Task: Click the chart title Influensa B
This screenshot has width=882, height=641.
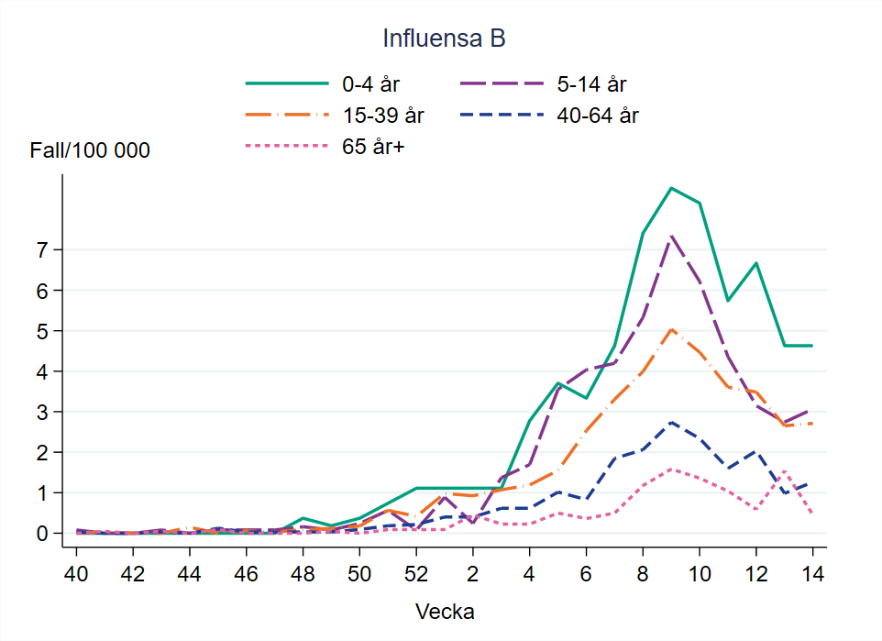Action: [445, 39]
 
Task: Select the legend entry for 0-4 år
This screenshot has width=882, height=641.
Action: [371, 84]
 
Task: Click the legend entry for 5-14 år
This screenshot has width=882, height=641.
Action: [590, 84]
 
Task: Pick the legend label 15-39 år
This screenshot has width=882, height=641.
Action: [383, 116]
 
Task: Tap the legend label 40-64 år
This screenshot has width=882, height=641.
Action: [597, 116]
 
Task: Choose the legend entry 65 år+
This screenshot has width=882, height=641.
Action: [373, 146]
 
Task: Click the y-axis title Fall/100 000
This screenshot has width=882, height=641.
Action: [90, 151]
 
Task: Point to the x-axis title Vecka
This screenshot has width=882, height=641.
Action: [445, 611]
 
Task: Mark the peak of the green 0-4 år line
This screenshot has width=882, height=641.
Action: [671, 188]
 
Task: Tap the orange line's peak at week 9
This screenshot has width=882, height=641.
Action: [671, 329]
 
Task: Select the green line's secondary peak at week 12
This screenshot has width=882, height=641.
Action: [755, 263]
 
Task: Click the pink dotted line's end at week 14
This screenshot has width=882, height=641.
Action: [812, 513]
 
